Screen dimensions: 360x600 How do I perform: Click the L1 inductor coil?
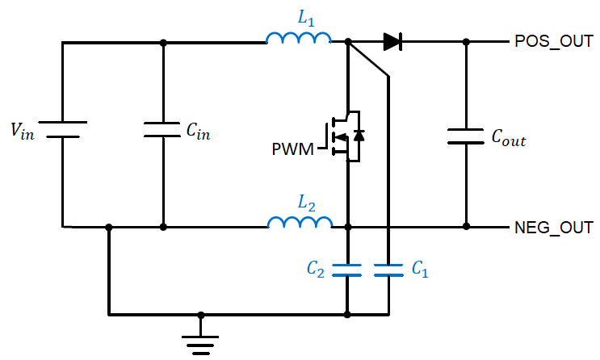click(299, 38)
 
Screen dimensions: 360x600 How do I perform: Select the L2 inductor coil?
click(299, 223)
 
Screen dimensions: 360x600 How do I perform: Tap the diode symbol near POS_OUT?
click(392, 42)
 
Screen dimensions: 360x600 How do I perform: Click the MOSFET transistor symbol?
click(345, 135)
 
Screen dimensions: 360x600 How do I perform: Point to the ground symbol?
click(201, 342)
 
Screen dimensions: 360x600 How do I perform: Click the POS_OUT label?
click(553, 42)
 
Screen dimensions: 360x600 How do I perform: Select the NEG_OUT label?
click(553, 228)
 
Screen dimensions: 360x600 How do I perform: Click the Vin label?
click(23, 132)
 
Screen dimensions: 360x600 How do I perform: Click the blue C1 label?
click(418, 270)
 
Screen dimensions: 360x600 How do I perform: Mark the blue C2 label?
click(317, 270)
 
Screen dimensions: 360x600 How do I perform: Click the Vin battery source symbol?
click(62, 130)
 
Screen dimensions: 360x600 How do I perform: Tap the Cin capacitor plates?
click(163, 130)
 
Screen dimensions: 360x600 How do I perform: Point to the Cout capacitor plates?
click(465, 136)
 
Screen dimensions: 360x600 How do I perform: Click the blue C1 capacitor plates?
click(388, 270)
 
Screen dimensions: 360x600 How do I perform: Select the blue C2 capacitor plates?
click(347, 270)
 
